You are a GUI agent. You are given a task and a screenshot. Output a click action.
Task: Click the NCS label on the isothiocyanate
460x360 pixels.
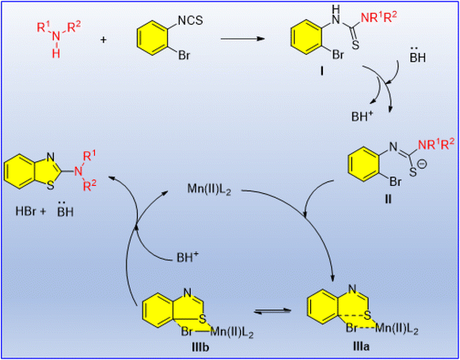[191, 21]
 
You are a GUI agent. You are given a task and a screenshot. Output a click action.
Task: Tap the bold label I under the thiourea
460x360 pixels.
[321, 71]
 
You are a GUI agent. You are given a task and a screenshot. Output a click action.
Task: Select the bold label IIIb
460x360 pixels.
[198, 347]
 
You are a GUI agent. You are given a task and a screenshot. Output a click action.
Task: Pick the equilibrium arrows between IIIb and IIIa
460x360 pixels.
[274, 313]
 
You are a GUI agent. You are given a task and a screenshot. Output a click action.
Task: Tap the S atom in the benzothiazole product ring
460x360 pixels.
[51, 187]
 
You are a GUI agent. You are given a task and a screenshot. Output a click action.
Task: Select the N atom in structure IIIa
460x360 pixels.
[352, 291]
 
